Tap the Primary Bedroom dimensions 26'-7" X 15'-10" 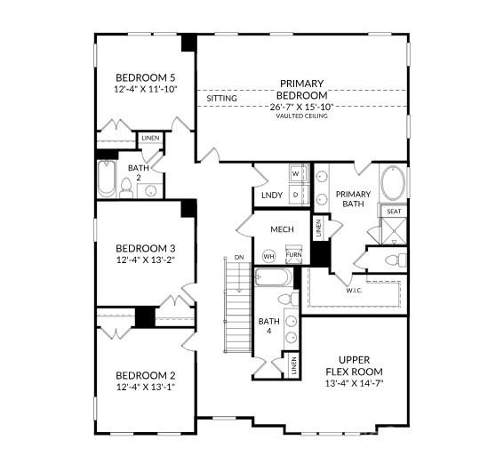[301, 107]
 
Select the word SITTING [221, 98]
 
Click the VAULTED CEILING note [301, 116]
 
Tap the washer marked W [295, 174]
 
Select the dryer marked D [295, 193]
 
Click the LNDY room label [271, 195]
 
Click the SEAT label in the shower [393, 211]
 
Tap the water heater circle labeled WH [268, 256]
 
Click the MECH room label [282, 229]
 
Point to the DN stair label [238, 258]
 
